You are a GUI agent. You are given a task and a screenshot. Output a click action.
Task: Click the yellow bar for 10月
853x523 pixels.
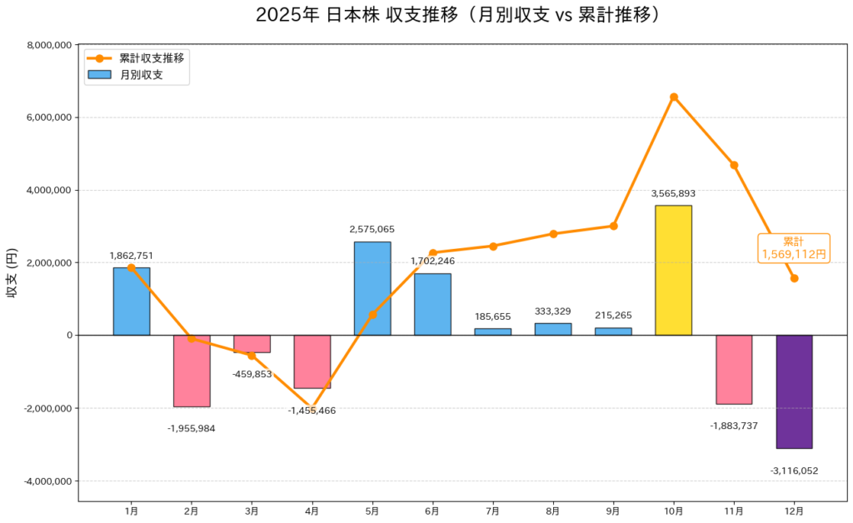pyautogui.click(x=673, y=270)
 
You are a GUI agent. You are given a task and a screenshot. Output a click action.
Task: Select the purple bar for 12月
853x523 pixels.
pyautogui.click(x=794, y=391)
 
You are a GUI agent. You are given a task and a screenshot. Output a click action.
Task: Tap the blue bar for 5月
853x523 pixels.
pyautogui.click(x=372, y=288)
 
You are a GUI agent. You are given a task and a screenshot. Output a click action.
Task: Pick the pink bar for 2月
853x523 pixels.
pyautogui.click(x=192, y=371)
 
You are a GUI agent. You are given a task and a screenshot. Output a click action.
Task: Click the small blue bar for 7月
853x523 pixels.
pyautogui.click(x=493, y=331)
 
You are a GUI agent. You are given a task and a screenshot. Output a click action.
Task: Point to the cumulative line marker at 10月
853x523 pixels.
pyautogui.click(x=674, y=97)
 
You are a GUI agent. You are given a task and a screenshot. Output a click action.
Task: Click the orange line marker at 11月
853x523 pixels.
pyautogui.click(x=734, y=165)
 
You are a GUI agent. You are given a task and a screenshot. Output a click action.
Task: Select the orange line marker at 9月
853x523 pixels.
pyautogui.click(x=613, y=226)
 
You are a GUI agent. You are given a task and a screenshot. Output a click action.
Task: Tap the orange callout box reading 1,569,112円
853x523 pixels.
pyautogui.click(x=794, y=248)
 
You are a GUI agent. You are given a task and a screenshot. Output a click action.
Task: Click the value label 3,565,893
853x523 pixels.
pyautogui.click(x=673, y=193)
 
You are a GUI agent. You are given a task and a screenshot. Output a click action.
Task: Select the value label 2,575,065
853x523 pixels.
pyautogui.click(x=372, y=229)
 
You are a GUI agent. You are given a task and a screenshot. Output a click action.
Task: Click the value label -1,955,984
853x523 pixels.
pyautogui.click(x=192, y=428)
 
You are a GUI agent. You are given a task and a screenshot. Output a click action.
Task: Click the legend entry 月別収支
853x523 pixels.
pyautogui.click(x=141, y=75)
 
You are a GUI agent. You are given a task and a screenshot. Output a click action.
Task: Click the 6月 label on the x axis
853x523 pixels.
pyautogui.click(x=432, y=511)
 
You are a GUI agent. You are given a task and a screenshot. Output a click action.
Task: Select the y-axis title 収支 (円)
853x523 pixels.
pyautogui.click(x=12, y=273)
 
